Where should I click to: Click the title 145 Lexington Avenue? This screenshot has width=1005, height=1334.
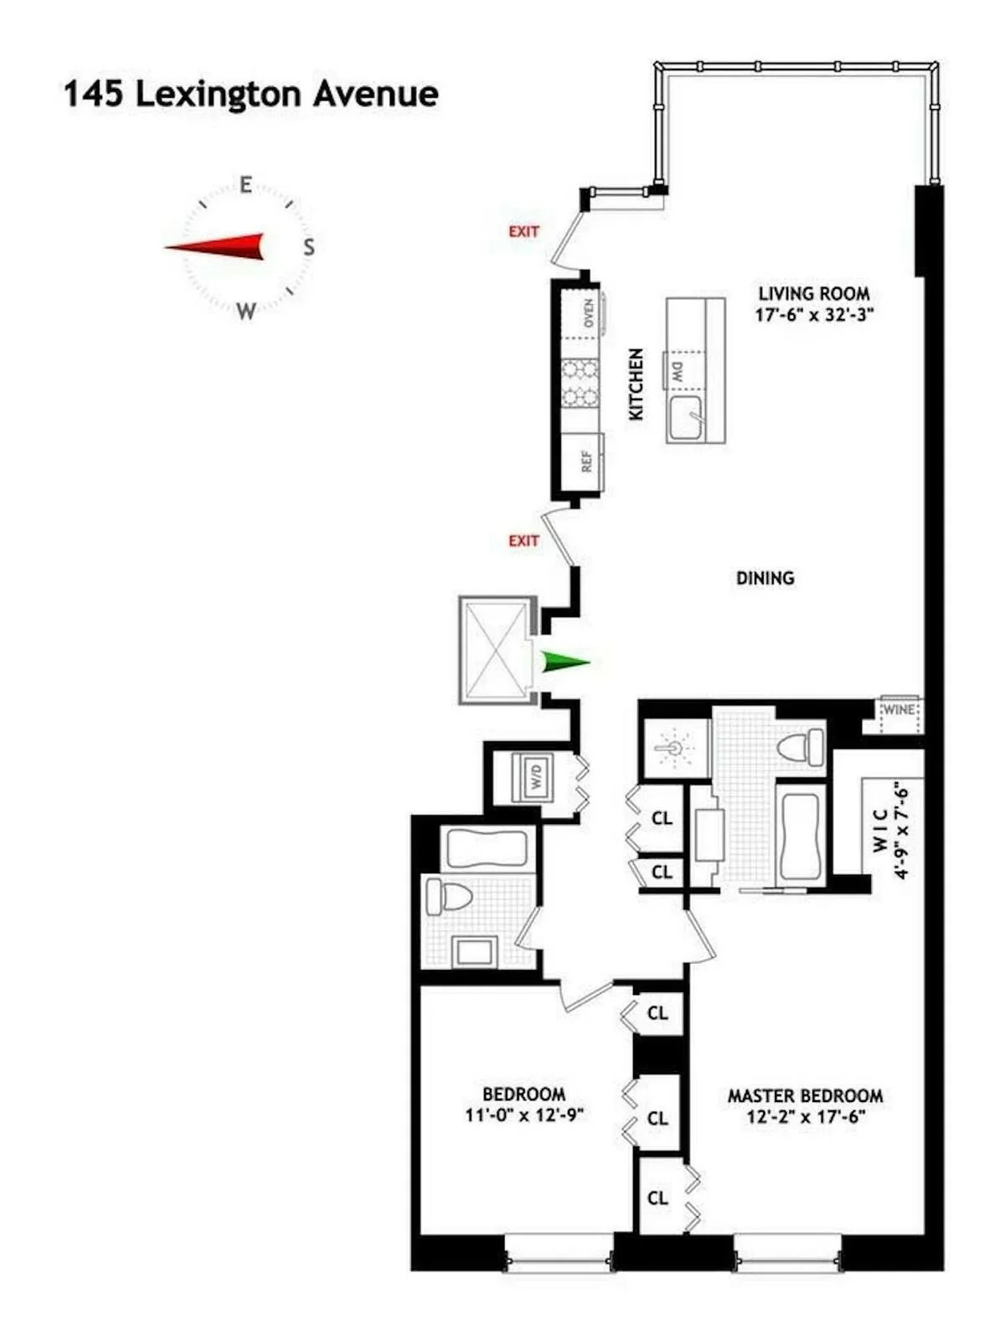pyautogui.click(x=251, y=94)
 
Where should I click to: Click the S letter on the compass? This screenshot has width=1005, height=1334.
pyautogui.click(x=309, y=247)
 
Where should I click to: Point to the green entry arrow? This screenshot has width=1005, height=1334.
pyautogui.click(x=564, y=662)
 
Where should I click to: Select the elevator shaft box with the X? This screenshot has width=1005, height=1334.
pyautogui.click(x=496, y=650)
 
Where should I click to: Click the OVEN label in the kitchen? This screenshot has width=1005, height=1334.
pyautogui.click(x=588, y=313)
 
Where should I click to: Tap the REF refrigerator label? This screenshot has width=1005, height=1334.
pyautogui.click(x=586, y=461)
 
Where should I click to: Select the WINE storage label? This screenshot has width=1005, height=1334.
pyautogui.click(x=899, y=709)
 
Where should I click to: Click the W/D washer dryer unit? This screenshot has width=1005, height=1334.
pyautogui.click(x=536, y=777)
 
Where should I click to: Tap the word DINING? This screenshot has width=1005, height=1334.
pyautogui.click(x=765, y=578)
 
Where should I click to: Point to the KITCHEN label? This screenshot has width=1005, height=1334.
pyautogui.click(x=636, y=384)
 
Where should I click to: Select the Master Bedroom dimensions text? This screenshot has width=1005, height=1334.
pyautogui.click(x=805, y=1116)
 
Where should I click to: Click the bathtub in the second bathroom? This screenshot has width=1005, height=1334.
pyautogui.click(x=487, y=849)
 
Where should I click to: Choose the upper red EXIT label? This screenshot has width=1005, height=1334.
pyautogui.click(x=523, y=231)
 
